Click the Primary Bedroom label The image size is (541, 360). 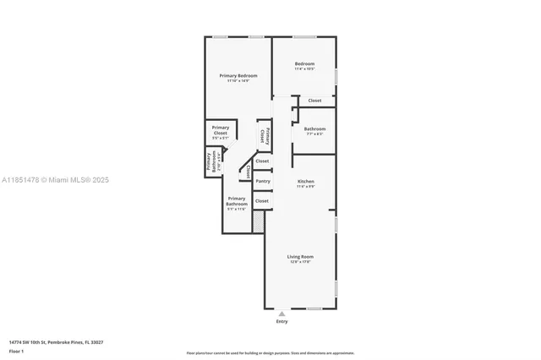[x=238, y=76]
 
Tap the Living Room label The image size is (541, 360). [x=300, y=256]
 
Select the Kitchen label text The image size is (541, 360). [x=305, y=182]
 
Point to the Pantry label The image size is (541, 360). [x=263, y=181]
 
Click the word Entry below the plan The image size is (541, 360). [x=281, y=322]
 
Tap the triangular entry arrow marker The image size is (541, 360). [x=281, y=314]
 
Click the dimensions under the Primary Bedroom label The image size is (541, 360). [x=238, y=81]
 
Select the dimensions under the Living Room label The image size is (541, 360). [x=300, y=262]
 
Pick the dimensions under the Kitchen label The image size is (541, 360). [x=305, y=187]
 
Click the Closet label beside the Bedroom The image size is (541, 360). [x=314, y=101]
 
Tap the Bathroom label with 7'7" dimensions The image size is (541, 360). [x=314, y=128]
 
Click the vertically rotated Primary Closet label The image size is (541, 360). [x=265, y=134]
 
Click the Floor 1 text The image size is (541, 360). [x=16, y=350]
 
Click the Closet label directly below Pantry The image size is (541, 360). [x=262, y=201]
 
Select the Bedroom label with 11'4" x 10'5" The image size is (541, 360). [x=304, y=64]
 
